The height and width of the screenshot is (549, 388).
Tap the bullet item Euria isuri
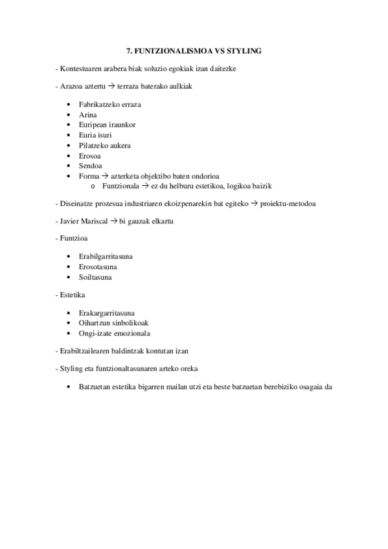click(97, 135)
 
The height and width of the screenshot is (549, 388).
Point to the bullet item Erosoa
click(90, 155)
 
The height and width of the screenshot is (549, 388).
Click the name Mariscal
click(93, 221)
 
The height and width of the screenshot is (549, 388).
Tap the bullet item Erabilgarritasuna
click(106, 256)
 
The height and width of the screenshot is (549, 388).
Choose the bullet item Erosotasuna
click(98, 267)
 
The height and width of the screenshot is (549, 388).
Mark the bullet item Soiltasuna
click(95, 277)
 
